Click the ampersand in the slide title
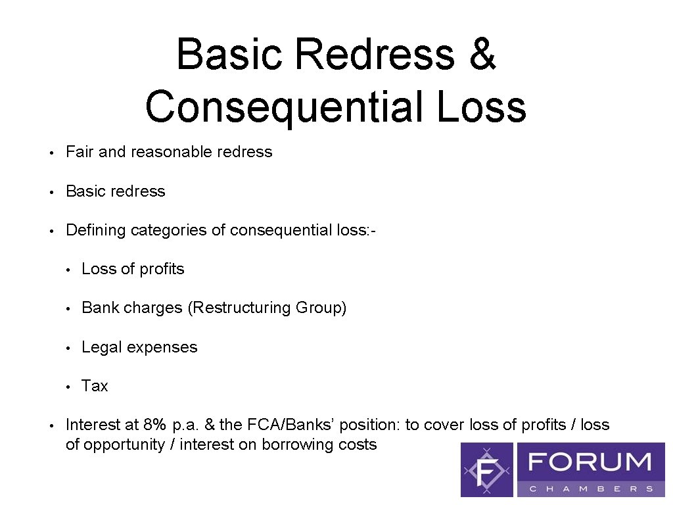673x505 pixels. pos(482,55)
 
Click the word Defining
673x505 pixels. pos(95,230)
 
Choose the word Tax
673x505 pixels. pos(95,386)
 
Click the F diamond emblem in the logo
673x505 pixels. pos(487,469)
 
